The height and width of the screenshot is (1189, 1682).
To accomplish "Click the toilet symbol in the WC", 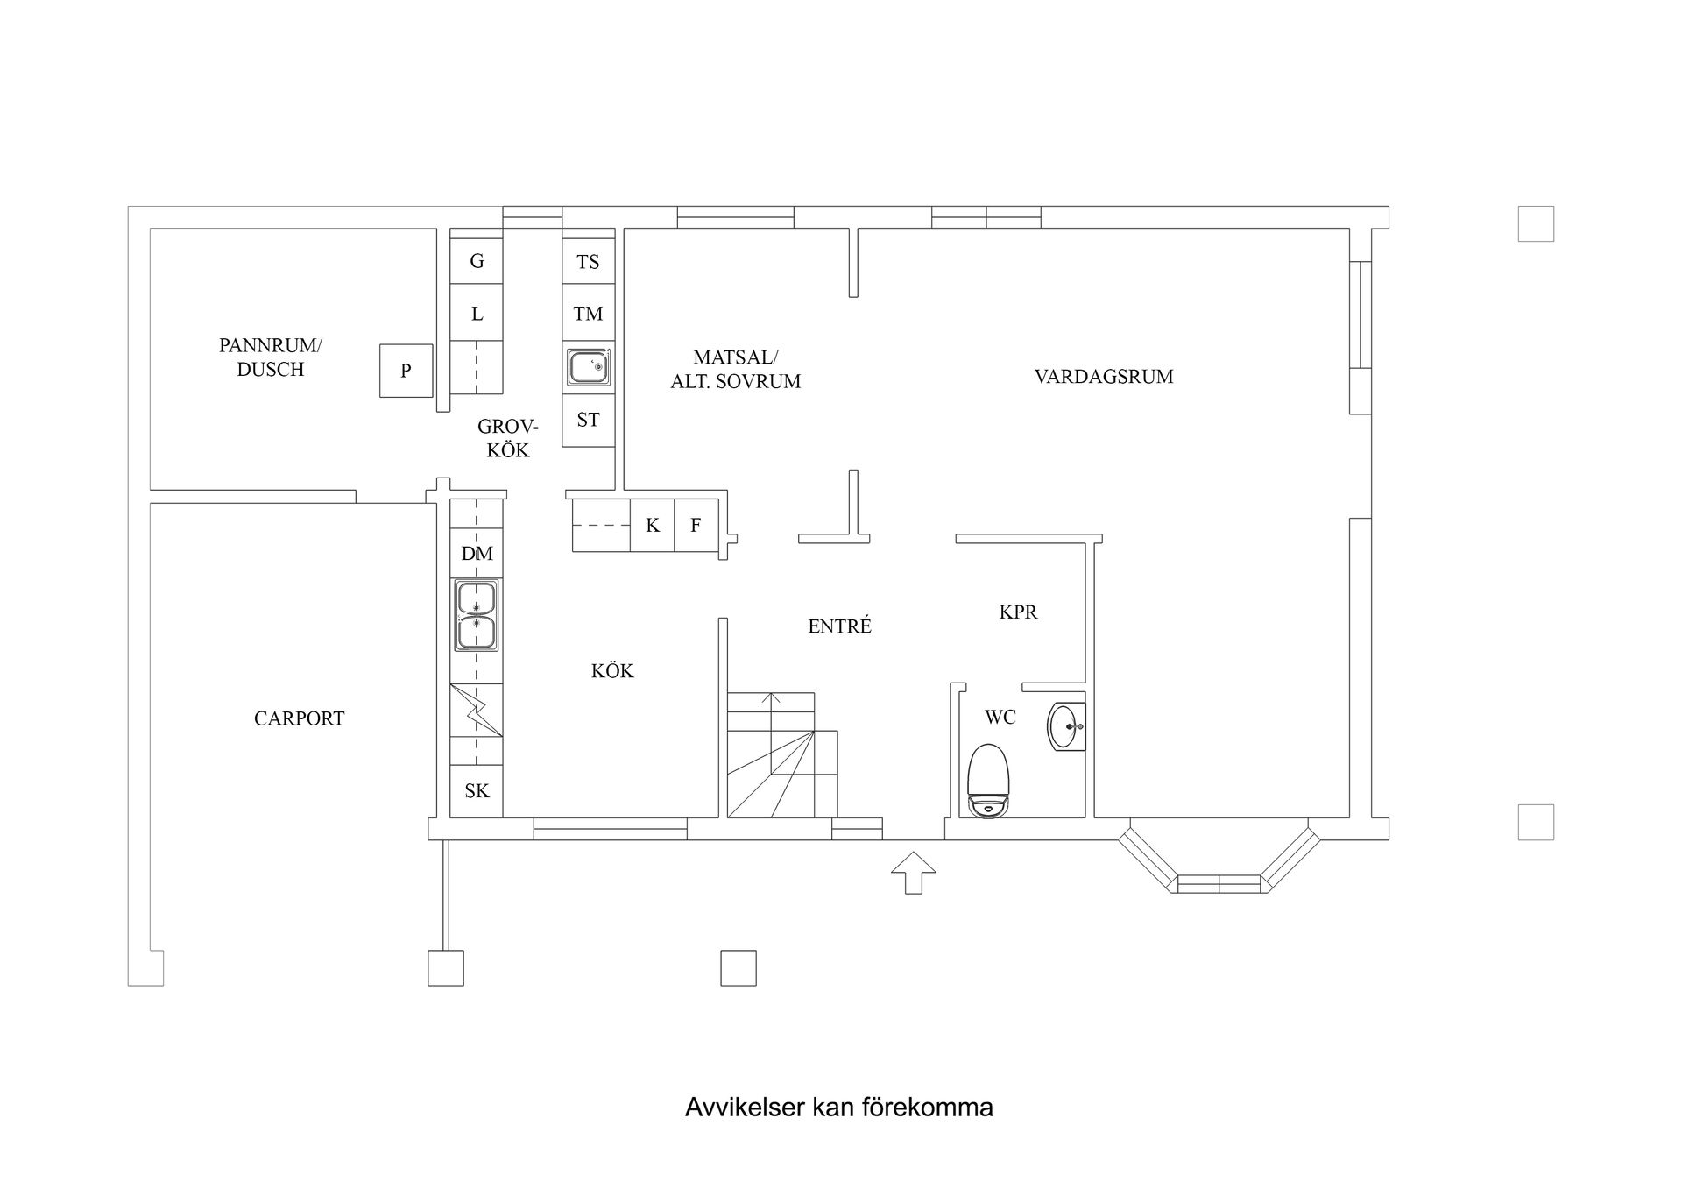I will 988,781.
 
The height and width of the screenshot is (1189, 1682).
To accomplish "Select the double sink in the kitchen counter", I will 477,615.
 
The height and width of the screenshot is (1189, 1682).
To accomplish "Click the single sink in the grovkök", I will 588,367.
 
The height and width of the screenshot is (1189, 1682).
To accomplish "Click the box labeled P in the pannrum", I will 406,371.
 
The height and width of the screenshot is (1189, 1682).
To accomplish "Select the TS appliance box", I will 588,261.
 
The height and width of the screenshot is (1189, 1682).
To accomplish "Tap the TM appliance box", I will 588,314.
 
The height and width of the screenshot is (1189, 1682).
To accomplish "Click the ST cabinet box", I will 588,421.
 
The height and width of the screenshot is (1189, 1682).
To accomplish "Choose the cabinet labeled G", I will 477,261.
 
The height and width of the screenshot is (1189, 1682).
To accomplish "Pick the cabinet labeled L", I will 477,314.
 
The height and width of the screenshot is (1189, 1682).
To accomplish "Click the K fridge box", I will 652,526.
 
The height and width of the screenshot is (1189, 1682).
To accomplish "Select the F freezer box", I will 696,526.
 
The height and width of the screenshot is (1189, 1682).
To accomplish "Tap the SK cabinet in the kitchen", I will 477,791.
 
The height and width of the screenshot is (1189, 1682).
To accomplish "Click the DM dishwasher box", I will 477,553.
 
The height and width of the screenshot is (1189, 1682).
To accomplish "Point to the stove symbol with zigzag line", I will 477,710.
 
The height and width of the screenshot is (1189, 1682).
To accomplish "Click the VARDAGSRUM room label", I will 1103,377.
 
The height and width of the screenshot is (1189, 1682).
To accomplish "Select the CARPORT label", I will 299,718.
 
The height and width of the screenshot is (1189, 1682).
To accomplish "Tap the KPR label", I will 1018,612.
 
